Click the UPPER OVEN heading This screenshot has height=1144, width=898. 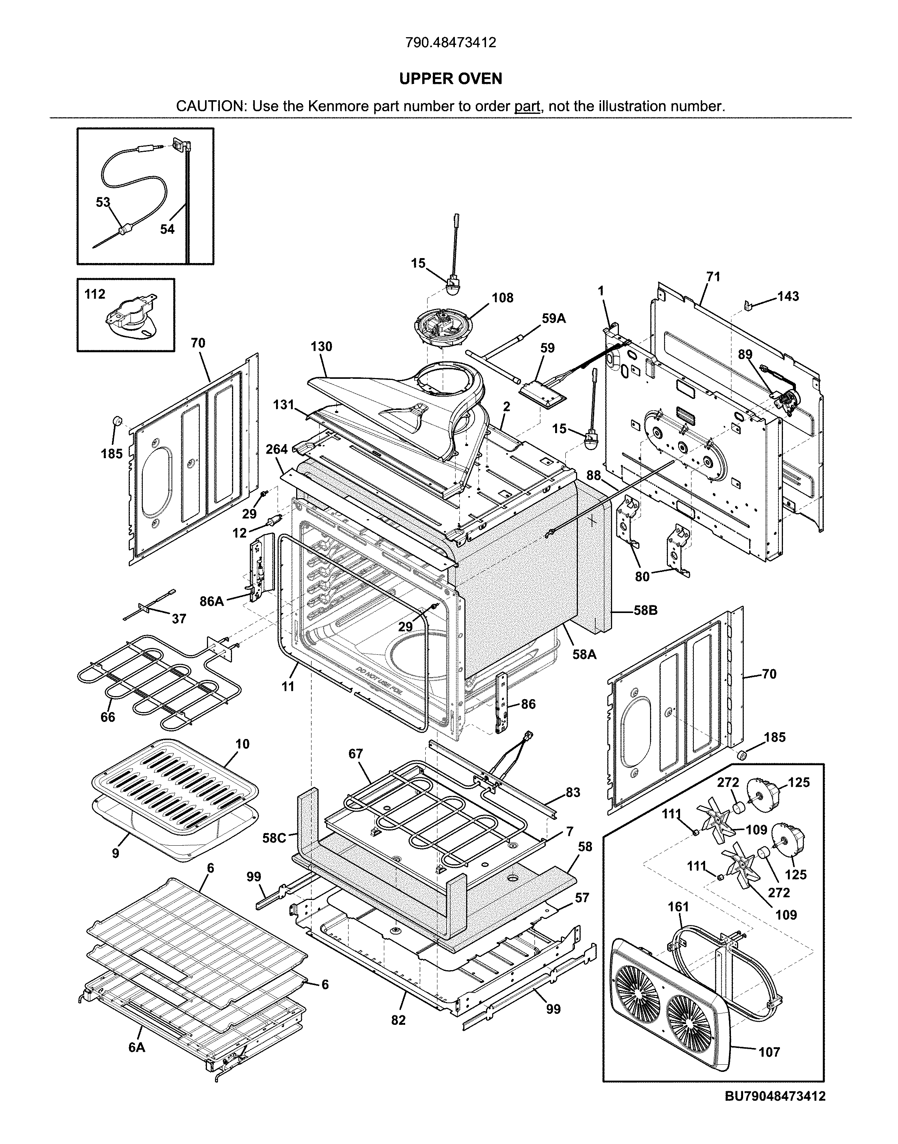(451, 79)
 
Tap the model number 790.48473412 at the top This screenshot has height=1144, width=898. (451, 43)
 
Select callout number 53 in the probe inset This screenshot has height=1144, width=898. (103, 202)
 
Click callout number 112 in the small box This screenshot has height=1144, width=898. (95, 294)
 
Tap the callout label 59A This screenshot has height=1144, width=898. (554, 318)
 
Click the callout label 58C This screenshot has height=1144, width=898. (274, 838)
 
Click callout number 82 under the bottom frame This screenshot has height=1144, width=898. (399, 1020)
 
